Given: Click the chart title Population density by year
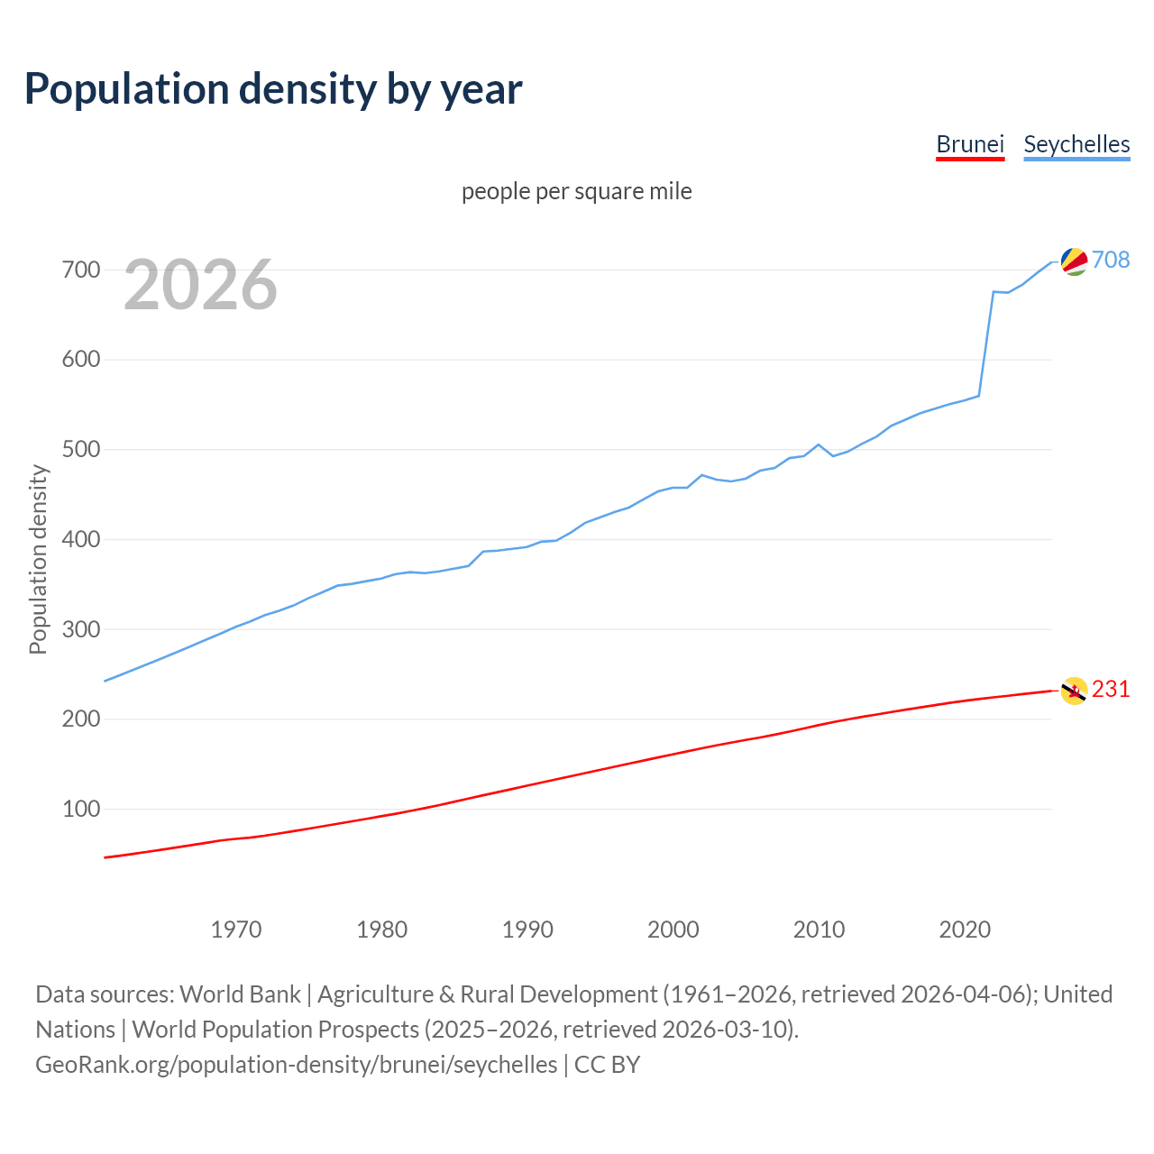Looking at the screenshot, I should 273,89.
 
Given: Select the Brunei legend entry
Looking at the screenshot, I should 970,144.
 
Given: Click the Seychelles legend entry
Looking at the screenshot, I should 1076,144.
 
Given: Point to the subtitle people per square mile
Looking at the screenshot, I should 577,191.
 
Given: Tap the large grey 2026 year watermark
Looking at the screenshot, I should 200,285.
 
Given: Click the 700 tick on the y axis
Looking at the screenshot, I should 80,270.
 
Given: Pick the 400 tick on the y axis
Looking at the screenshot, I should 80,539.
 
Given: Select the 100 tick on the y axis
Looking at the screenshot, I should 80,809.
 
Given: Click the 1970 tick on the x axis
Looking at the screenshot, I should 236,929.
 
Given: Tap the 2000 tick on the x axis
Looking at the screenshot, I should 673,929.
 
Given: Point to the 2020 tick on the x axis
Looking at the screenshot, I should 965,929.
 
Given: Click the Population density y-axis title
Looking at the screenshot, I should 38,559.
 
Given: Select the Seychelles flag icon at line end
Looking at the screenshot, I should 1074,261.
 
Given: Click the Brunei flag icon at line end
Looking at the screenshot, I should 1074,691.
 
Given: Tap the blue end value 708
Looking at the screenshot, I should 1111,260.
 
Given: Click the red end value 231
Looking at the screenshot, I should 1111,689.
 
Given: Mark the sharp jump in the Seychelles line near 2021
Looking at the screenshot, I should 986,343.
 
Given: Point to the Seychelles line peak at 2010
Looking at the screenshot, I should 819,444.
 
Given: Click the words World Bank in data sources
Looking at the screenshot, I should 240,994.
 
